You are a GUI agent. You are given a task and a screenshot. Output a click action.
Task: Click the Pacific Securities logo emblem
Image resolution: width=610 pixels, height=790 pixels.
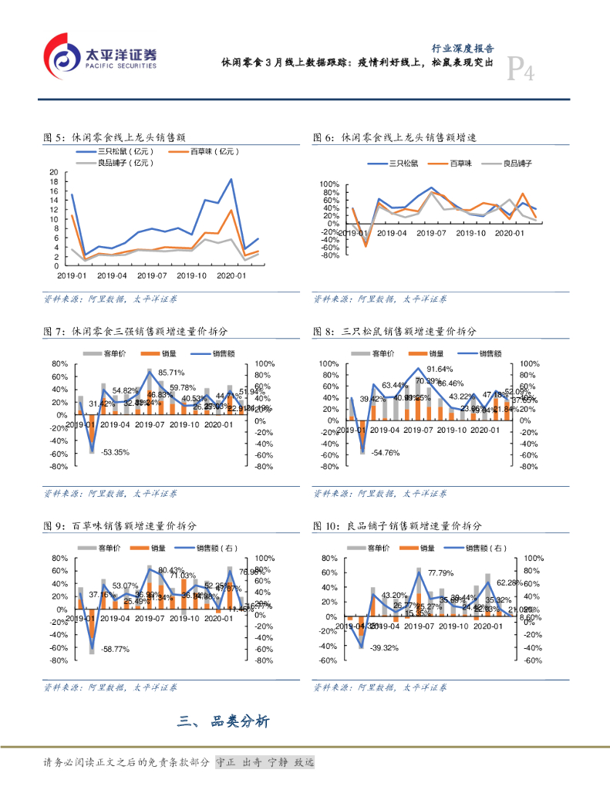(63, 56)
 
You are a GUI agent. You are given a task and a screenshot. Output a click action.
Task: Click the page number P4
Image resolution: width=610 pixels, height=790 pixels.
(521, 72)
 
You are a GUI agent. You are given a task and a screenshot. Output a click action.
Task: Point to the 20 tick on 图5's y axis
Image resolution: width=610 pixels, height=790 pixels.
(53, 172)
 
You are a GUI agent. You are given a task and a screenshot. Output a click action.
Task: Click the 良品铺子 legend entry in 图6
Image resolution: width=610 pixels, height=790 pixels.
(517, 163)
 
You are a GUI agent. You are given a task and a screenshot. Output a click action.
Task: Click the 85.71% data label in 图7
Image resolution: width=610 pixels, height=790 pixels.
(171, 373)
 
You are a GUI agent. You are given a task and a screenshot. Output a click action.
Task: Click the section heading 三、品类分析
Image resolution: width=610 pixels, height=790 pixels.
(223, 722)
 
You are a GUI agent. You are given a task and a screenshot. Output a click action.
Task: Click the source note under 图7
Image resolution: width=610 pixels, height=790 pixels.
(110, 494)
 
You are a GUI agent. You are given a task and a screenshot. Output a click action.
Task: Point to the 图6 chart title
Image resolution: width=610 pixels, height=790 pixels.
(394, 137)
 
